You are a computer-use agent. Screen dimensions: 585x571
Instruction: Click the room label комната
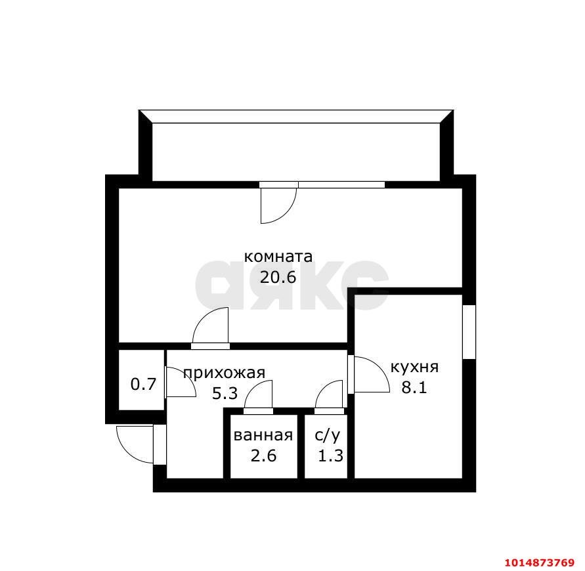point(278,257)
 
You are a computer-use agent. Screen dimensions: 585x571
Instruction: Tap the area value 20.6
point(278,277)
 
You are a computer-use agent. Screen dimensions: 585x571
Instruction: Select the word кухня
point(414,368)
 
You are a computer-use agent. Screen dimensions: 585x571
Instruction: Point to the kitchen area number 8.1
point(414,387)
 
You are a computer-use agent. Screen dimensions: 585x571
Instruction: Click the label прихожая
point(225,373)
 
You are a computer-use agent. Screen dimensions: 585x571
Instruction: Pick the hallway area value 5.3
point(225,394)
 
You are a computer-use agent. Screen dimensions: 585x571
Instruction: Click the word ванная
point(263,435)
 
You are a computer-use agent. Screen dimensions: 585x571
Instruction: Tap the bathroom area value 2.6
point(263,455)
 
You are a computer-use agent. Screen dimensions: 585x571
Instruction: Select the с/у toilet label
point(328,436)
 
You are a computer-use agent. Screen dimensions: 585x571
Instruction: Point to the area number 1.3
point(330,455)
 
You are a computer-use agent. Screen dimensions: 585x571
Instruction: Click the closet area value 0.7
point(143,384)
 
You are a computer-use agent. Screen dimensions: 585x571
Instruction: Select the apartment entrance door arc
point(125,452)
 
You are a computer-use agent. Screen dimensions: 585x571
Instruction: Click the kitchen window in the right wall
point(469,332)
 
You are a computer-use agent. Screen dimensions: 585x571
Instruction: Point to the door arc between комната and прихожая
point(202,318)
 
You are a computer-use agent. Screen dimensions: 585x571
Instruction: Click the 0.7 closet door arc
point(187,377)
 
